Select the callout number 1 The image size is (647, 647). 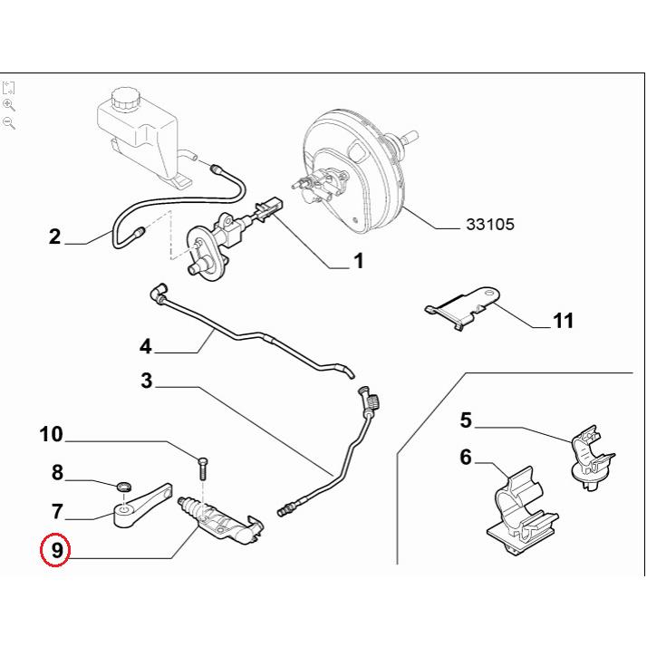(358, 262)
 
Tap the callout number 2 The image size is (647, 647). (55, 237)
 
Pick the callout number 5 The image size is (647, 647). (466, 420)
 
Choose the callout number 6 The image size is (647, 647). (466, 458)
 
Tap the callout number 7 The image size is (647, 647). (56, 511)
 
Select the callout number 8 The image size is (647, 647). (56, 472)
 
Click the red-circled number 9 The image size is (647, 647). (56, 548)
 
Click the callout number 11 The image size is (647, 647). (562, 321)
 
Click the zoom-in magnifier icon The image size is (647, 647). (10, 105)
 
